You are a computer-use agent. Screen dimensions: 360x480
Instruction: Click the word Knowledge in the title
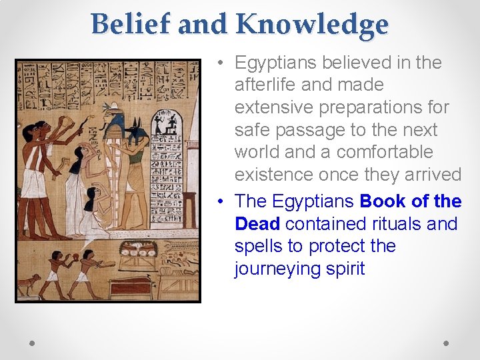click(312, 25)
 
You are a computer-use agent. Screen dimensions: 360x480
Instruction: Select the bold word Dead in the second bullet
click(257, 223)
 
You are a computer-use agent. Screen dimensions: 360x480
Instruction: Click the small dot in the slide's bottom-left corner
click(31, 343)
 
